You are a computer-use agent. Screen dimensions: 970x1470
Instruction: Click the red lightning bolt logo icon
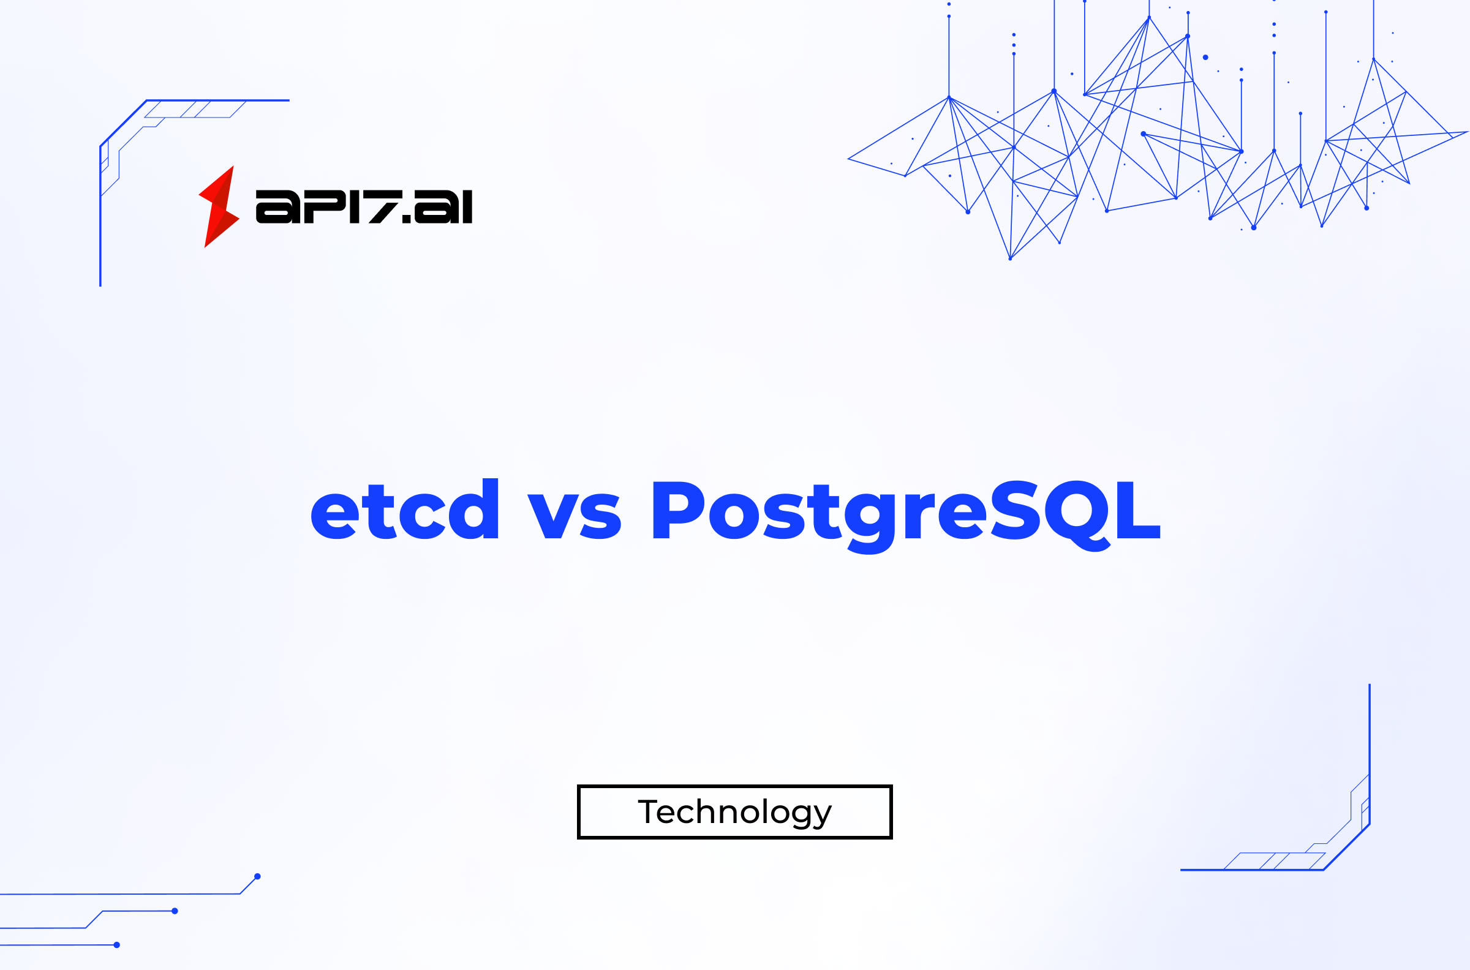pos(219,206)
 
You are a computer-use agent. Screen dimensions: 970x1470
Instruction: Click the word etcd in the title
pos(404,509)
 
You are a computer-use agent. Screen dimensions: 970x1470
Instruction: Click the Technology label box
pos(734,811)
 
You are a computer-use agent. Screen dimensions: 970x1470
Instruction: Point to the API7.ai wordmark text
pos(364,206)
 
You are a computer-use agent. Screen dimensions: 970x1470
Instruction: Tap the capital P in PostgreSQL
pos(677,509)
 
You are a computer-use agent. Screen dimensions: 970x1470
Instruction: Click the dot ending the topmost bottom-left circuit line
pos(257,876)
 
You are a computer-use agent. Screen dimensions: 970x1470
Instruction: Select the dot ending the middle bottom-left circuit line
pos(175,911)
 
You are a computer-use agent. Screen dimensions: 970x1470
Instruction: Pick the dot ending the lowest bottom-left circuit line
pos(117,945)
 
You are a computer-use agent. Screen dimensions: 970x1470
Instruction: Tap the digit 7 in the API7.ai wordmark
pos(385,206)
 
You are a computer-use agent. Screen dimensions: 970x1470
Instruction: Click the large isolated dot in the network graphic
pos(1205,57)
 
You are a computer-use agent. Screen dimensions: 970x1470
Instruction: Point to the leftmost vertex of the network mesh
pos(848,159)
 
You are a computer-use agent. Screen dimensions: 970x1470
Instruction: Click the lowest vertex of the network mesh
pos(1009,259)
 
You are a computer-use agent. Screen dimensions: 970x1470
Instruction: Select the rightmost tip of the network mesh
pos(1468,131)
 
